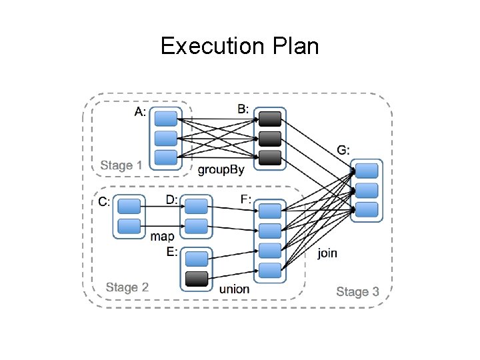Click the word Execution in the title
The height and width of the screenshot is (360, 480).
click(209, 47)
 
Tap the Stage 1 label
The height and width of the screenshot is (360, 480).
click(121, 165)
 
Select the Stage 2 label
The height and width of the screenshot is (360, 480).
click(127, 287)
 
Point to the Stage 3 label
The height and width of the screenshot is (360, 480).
click(357, 291)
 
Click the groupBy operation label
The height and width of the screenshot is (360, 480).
click(221, 169)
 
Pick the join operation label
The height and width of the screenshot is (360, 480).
click(327, 253)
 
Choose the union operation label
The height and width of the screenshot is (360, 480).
click(234, 289)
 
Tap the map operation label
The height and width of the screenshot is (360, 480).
click(163, 236)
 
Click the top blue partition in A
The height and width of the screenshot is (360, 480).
click(165, 119)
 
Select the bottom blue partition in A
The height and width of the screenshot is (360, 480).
click(165, 158)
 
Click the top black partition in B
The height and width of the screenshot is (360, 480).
click(270, 119)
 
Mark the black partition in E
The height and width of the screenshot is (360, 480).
click(196, 278)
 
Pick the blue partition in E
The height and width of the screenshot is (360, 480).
click(196, 257)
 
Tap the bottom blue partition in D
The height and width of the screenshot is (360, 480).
click(196, 226)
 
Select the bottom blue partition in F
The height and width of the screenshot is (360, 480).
click(270, 271)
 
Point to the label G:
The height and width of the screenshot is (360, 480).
click(342, 150)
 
